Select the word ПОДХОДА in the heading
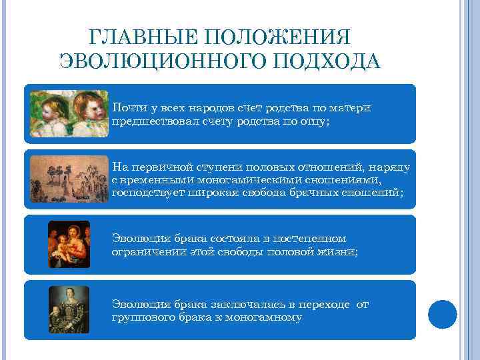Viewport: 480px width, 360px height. point(335,62)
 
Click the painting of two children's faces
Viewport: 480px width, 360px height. point(69,113)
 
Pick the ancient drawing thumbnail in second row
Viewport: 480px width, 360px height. point(69,179)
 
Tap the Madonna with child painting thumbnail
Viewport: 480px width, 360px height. point(69,244)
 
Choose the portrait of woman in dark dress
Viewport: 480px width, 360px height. point(69,309)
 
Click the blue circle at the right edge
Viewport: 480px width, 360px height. point(442,313)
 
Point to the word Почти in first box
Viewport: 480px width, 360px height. point(126,107)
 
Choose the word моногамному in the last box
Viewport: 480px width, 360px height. point(265,317)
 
